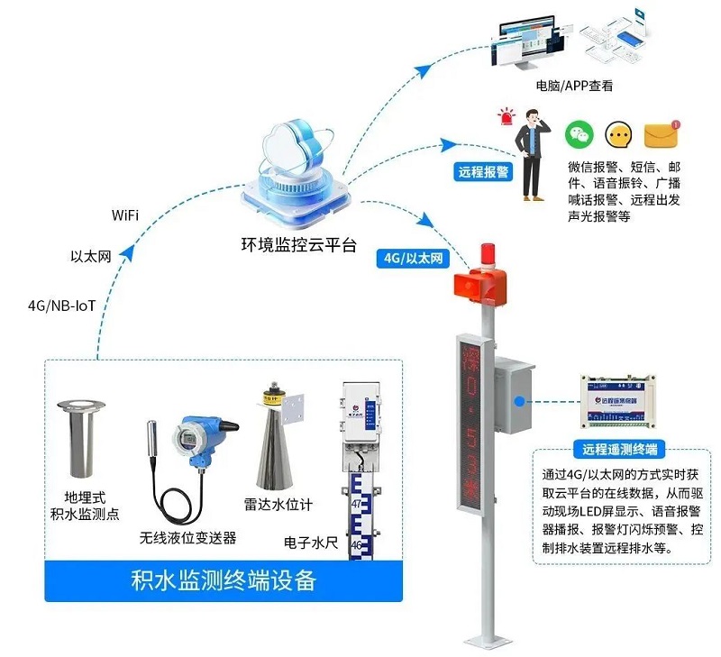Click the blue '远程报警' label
coord(482,171)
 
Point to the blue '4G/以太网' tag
coord(414,259)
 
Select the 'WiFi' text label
coord(124,214)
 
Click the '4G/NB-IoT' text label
coord(61,306)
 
